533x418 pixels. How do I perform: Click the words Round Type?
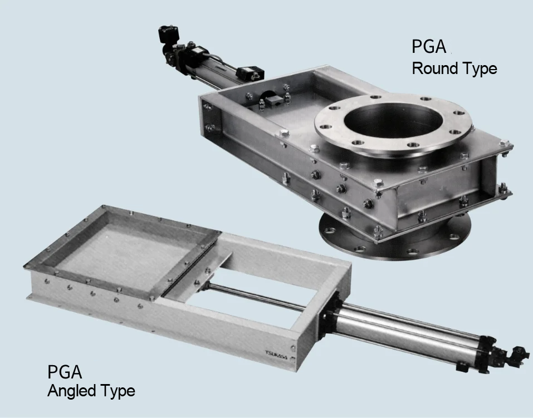[x=454, y=68]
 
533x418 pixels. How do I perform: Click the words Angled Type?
[x=91, y=391]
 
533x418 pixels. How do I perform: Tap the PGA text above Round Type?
[x=429, y=47]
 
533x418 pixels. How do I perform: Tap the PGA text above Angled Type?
[x=65, y=372]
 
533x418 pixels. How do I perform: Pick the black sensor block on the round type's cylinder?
[x=251, y=72]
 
